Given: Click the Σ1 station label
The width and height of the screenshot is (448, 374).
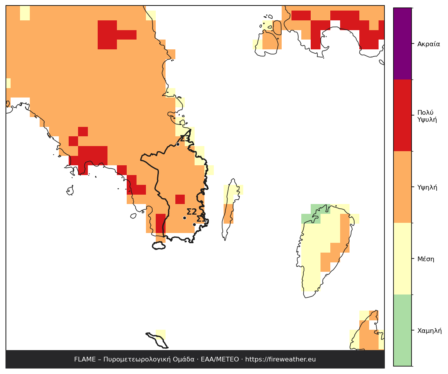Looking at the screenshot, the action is pyautogui.click(x=201, y=219).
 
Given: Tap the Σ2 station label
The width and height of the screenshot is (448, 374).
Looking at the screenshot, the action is pyautogui.click(x=192, y=212).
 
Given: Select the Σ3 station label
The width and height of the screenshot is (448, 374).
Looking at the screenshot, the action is pyautogui.click(x=185, y=138).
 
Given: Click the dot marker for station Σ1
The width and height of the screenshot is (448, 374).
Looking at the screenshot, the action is pyautogui.click(x=194, y=224).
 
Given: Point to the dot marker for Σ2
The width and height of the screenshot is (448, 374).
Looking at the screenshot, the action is pyautogui.click(x=184, y=218).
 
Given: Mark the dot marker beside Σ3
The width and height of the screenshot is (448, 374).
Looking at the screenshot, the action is pyautogui.click(x=178, y=145).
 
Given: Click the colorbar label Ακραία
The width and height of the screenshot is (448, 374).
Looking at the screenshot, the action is pyautogui.click(x=428, y=44).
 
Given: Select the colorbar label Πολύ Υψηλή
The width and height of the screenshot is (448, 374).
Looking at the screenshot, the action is pyautogui.click(x=427, y=116).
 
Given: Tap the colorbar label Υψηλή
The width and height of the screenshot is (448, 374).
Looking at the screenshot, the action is pyautogui.click(x=427, y=188).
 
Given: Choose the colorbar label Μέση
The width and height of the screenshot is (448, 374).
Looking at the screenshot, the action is pyautogui.click(x=426, y=259).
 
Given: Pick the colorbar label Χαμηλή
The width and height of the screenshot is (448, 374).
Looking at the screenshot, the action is pyautogui.click(x=430, y=331).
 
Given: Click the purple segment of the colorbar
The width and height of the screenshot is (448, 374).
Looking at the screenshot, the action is pyautogui.click(x=402, y=43).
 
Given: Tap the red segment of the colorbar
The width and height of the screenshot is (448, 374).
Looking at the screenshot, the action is pyautogui.click(x=402, y=115).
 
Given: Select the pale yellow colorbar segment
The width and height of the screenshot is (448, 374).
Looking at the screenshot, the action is pyautogui.click(x=402, y=258).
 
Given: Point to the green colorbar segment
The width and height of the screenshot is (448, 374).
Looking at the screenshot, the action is pyautogui.click(x=402, y=330).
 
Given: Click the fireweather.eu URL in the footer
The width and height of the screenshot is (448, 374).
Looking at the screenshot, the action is pyautogui.click(x=280, y=359).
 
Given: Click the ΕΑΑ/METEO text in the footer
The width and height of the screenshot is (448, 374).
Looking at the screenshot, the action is pyautogui.click(x=220, y=359).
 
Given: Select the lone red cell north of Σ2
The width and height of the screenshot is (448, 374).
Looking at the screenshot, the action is pyautogui.click(x=180, y=199).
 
